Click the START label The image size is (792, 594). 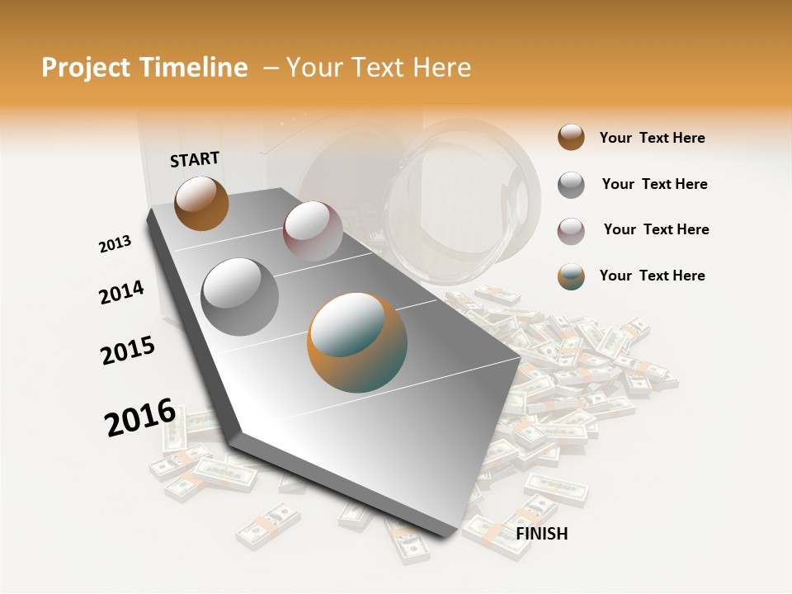(195, 159)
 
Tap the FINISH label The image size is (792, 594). (541, 534)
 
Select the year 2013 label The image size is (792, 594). (115, 244)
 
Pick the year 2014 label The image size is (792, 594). (121, 293)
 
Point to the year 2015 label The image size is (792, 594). (127, 351)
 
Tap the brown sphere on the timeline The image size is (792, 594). (201, 203)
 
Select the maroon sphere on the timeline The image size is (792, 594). (313, 231)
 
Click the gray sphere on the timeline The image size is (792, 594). (240, 296)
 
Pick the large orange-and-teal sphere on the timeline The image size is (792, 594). (357, 342)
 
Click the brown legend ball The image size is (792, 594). (571, 137)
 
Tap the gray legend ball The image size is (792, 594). (571, 185)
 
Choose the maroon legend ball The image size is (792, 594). (571, 230)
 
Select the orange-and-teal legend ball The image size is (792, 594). (571, 276)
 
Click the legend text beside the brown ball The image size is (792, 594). (652, 138)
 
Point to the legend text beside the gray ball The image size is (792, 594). (654, 184)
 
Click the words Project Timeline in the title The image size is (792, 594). (144, 68)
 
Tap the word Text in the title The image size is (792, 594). (379, 68)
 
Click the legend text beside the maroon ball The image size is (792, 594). (656, 229)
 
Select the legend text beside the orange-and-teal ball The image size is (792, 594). (652, 276)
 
